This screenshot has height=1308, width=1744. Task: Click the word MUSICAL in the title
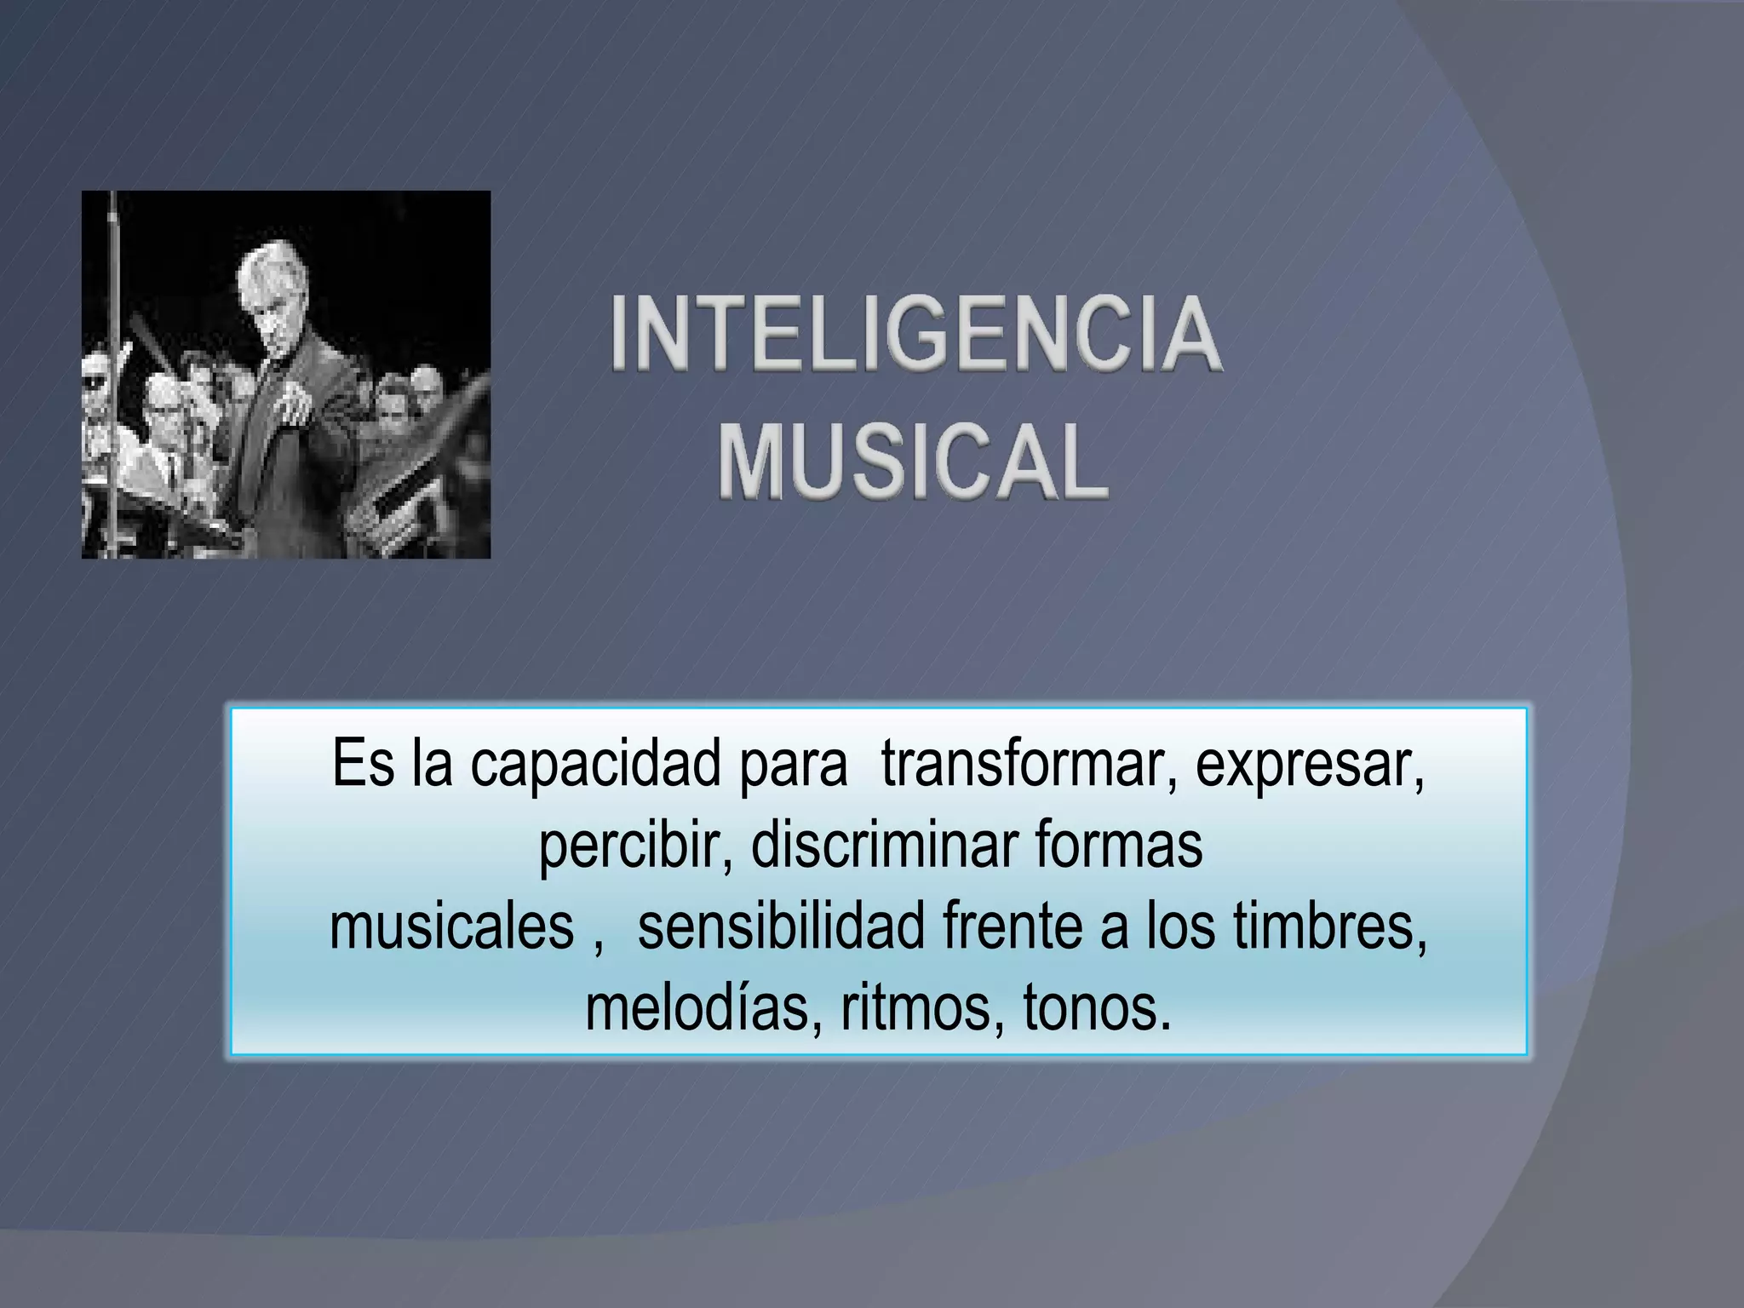tap(913, 464)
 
